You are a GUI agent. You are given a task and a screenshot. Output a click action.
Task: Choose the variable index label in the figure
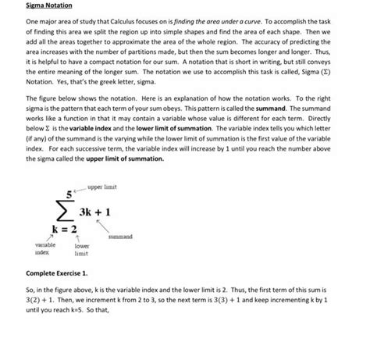pos(39,249)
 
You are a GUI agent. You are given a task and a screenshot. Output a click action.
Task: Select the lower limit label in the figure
pos(82,249)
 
